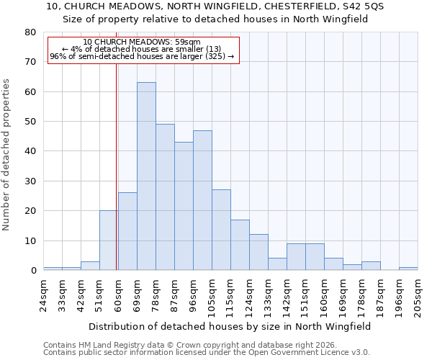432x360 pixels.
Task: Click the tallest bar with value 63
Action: click(146, 176)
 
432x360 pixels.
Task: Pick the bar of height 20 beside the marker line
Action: click(109, 240)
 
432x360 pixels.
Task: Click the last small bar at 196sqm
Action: click(408, 269)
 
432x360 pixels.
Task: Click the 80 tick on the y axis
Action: click(30, 32)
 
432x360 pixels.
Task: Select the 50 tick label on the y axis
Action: click(30, 122)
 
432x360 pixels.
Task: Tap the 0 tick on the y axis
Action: click(33, 271)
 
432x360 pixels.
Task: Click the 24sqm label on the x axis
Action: click(44, 293)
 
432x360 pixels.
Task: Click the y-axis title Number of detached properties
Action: click(7, 155)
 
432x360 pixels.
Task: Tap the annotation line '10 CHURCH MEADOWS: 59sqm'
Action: click(142, 42)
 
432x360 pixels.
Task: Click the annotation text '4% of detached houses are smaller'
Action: click(142, 49)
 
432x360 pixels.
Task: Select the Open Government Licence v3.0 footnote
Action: click(207, 352)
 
